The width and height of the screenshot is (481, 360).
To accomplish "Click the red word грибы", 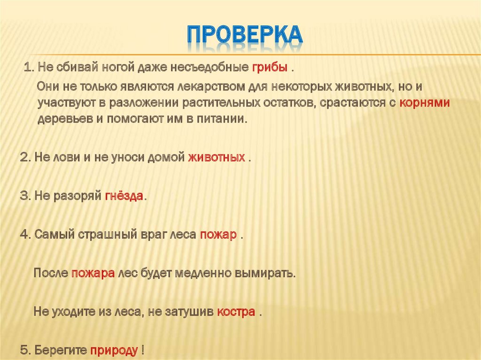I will pos(269,68).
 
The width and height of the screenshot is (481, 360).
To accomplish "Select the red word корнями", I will pos(425,103).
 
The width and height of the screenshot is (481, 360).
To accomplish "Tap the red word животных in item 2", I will pos(217,157).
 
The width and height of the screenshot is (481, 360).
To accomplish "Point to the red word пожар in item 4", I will pos(218,235).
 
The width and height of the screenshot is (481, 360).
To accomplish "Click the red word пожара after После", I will pos(93,273).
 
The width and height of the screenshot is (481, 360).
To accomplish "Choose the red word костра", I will pos(236,312).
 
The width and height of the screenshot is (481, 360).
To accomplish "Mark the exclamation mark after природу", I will pos(142,350).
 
